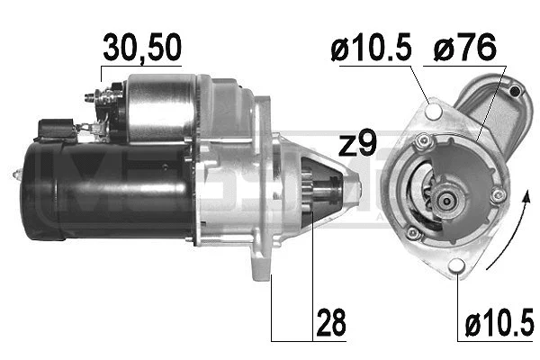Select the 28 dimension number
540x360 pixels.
click(x=329, y=323)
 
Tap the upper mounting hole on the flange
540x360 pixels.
click(x=437, y=112)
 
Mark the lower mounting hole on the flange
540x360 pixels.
click(x=456, y=265)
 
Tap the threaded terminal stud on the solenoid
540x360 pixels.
click(x=89, y=96)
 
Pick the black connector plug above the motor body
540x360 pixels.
click(x=56, y=129)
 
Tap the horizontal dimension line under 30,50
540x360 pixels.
click(x=140, y=65)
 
